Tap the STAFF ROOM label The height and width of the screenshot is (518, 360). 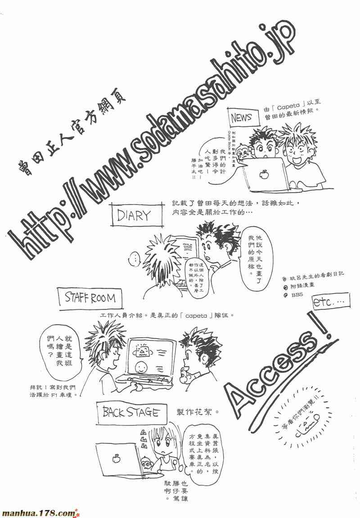pos(90,298)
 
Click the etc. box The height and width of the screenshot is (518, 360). pos(328,304)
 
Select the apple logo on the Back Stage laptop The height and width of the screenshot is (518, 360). pos(117,458)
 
